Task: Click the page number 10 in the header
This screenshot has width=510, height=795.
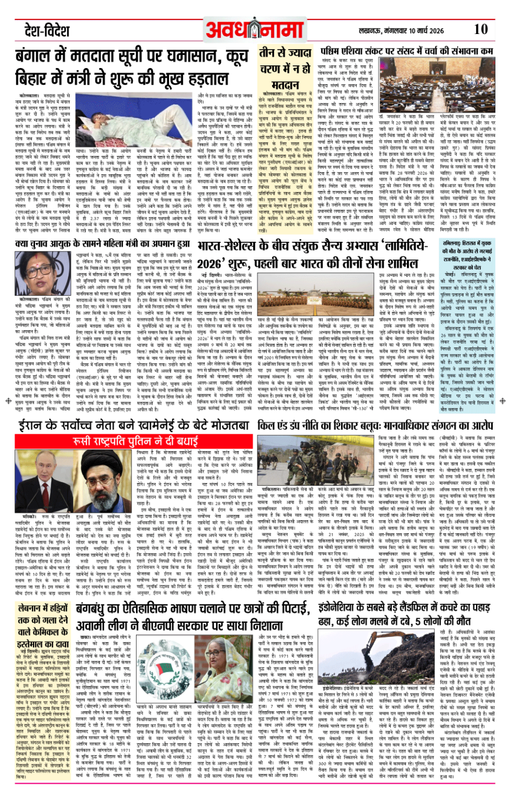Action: pyautogui.click(x=480, y=30)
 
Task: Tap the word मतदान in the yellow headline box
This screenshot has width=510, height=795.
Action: pyautogui.click(x=284, y=85)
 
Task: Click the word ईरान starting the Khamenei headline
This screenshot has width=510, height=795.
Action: pyautogui.click(x=33, y=425)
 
